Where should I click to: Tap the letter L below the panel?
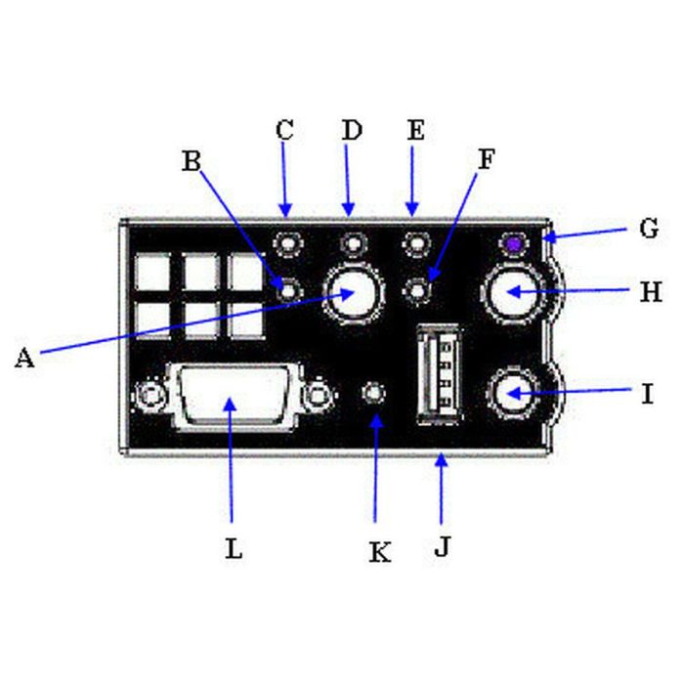click(x=233, y=548)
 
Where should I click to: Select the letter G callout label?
click(x=648, y=230)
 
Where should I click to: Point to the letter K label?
click(x=379, y=552)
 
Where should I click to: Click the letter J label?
click(x=442, y=546)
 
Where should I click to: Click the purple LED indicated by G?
click(x=511, y=242)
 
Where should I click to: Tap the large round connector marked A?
click(x=353, y=292)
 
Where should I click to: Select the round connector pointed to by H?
click(x=511, y=291)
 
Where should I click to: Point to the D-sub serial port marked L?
click(x=230, y=396)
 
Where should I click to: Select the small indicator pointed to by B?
click(x=287, y=288)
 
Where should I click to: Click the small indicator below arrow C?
click(x=287, y=242)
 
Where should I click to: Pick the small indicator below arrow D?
click(x=353, y=242)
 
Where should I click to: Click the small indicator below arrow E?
click(x=417, y=242)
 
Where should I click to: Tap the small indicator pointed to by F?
click(x=417, y=289)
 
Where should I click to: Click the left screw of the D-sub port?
click(x=150, y=396)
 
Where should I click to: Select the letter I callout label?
click(x=647, y=394)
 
